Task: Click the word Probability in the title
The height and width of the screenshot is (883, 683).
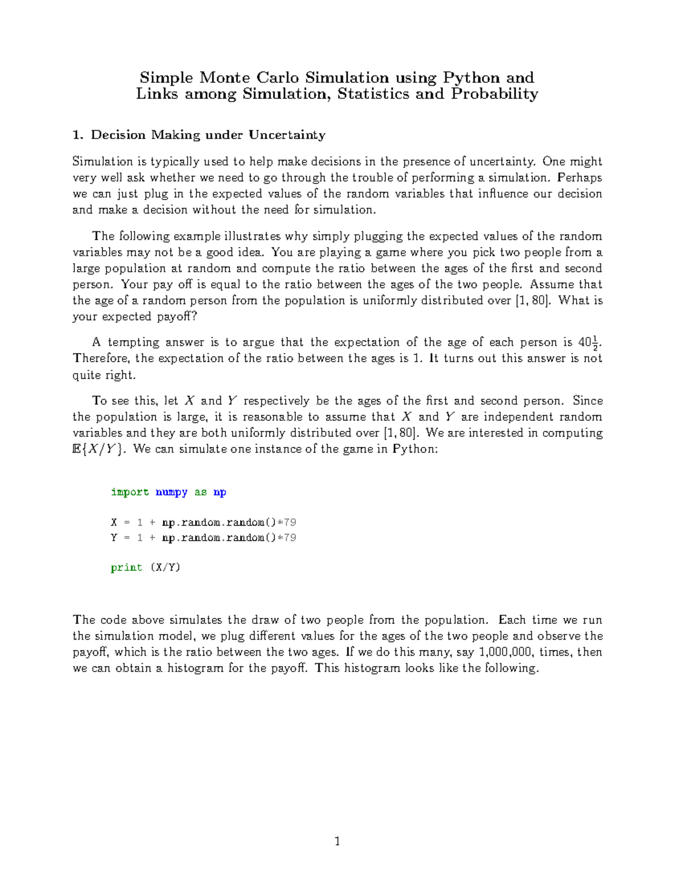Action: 494,94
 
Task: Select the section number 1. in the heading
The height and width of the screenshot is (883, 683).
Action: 79,135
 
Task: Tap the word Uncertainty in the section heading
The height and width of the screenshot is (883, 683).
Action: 287,135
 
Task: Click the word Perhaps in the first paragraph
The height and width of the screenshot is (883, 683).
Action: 579,177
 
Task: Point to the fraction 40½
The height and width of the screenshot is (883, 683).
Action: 588,343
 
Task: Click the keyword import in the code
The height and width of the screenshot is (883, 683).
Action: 130,492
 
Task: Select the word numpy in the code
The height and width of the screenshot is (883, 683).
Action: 171,492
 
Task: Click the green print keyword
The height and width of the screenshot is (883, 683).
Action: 126,567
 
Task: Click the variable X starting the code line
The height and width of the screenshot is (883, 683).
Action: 114,523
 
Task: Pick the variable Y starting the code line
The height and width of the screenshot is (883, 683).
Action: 114,538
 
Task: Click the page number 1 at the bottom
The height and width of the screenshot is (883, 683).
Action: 338,841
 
